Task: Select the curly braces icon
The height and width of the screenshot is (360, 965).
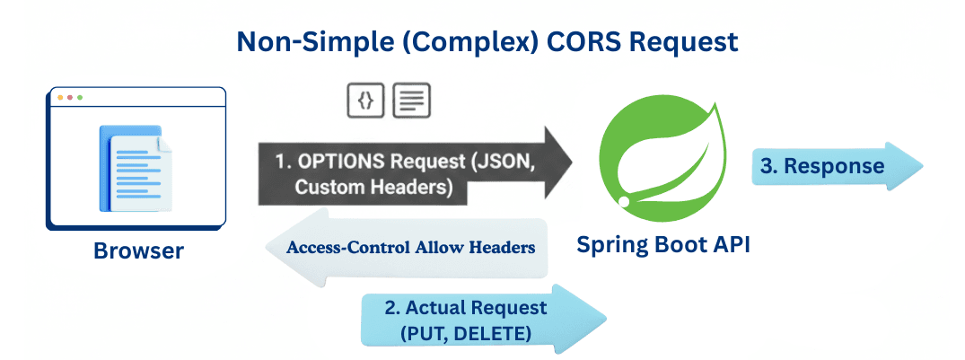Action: [365, 101]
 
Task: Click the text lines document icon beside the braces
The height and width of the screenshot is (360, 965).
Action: [411, 101]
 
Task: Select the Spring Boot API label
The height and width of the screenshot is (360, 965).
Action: [662, 244]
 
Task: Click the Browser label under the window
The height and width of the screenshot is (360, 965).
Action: [138, 250]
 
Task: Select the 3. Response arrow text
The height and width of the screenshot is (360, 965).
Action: [822, 166]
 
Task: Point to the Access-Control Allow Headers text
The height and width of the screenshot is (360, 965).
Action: [411, 246]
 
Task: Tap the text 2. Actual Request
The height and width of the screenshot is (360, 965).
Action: [465, 307]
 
